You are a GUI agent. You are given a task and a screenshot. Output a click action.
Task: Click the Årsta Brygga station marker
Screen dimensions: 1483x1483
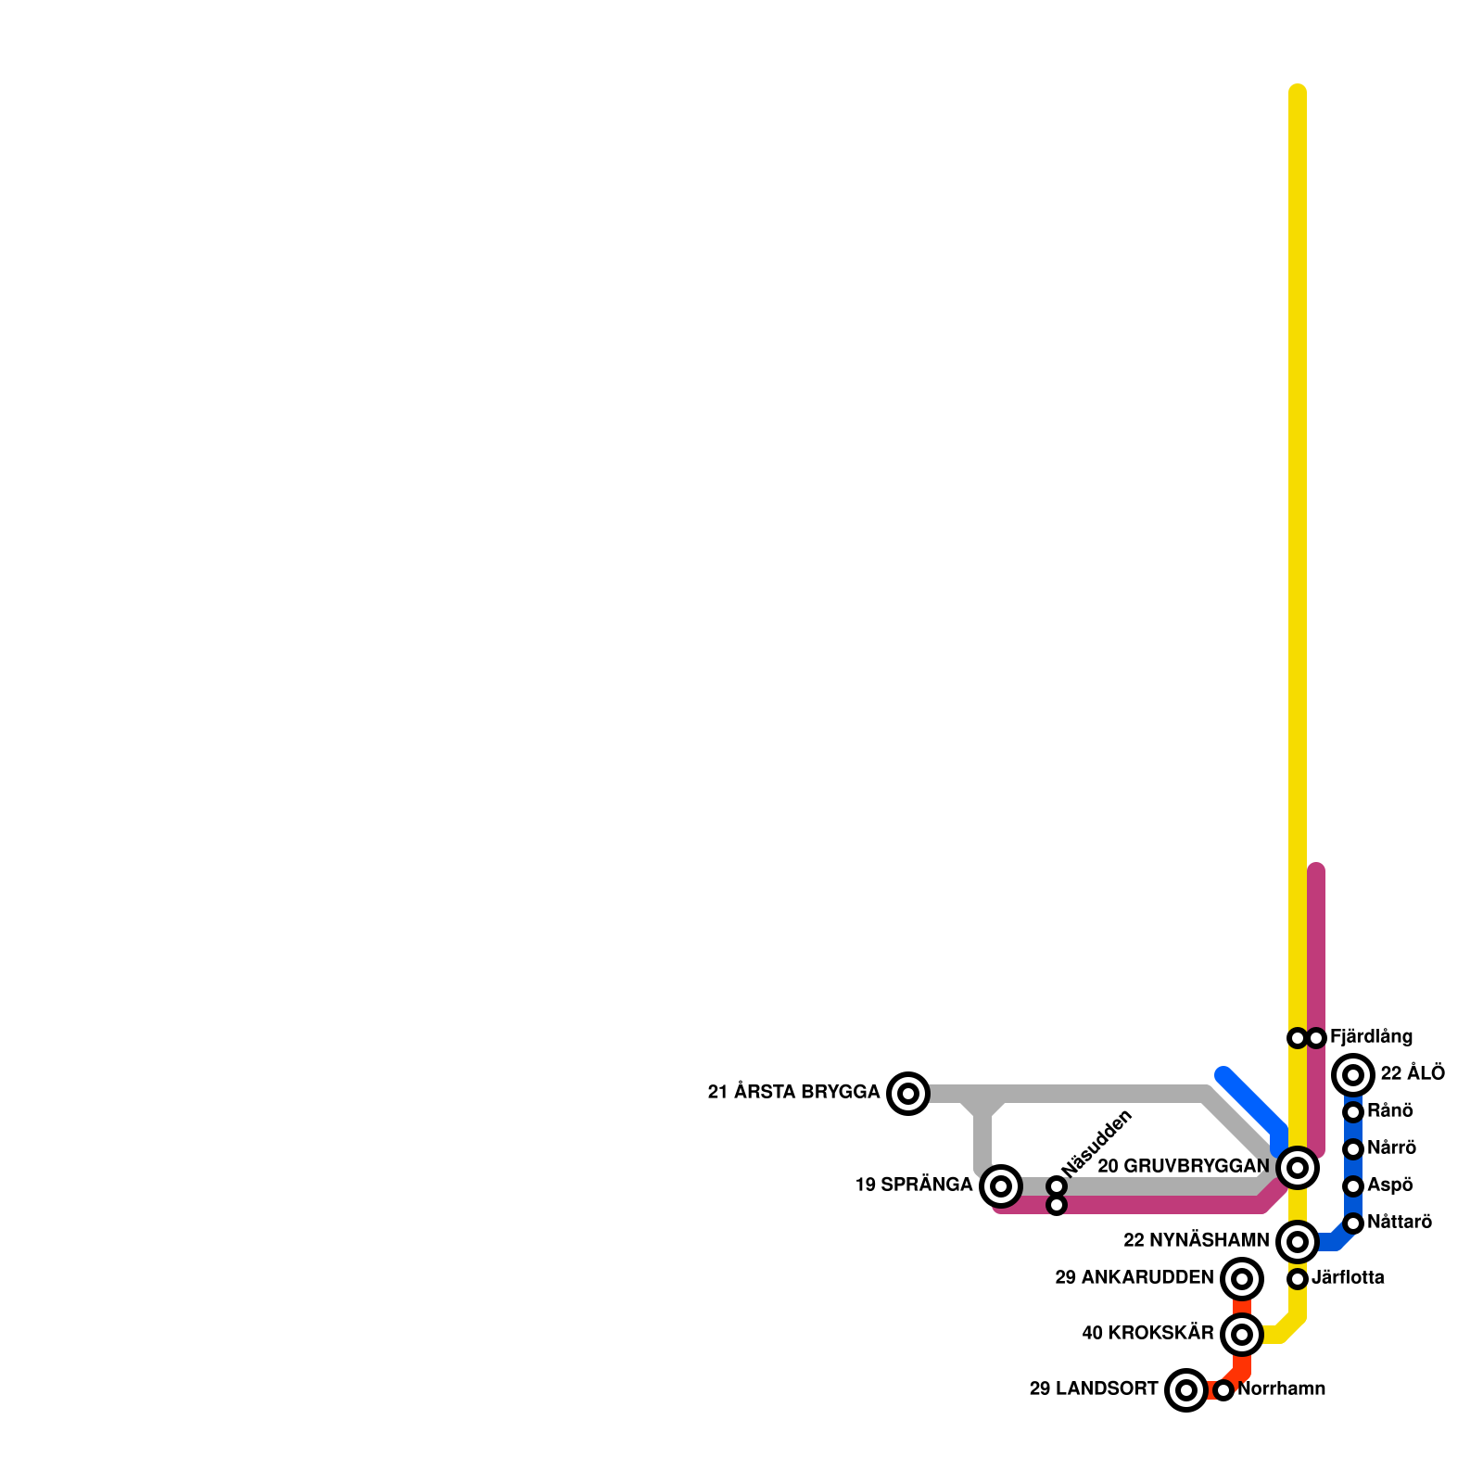click(908, 1094)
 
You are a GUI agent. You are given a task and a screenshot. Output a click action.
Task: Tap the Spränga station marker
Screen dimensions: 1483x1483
click(1001, 1186)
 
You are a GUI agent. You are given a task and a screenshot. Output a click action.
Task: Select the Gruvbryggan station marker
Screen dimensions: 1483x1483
click(1298, 1168)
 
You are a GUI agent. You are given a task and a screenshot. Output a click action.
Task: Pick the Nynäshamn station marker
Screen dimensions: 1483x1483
click(1298, 1242)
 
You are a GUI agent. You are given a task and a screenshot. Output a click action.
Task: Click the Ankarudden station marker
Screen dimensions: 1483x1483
click(1242, 1279)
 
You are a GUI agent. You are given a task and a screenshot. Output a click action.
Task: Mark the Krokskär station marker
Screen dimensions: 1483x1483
click(1242, 1335)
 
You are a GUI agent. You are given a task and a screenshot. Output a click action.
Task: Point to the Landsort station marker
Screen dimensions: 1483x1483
click(1186, 1390)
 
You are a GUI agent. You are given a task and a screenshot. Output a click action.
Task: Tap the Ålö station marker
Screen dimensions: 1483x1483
click(1353, 1075)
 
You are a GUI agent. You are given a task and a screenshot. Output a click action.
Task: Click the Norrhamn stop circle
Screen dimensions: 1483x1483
click(1223, 1390)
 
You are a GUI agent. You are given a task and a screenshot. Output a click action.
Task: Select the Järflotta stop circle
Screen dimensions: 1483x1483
click(1298, 1279)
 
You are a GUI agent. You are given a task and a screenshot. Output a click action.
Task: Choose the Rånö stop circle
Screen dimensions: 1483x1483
click(1353, 1112)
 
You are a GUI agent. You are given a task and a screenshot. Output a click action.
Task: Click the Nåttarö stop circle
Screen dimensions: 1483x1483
click(1353, 1223)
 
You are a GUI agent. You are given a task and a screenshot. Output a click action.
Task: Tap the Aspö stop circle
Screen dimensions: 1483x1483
click(1353, 1186)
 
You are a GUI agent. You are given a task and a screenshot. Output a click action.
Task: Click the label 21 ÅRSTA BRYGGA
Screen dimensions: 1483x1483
click(793, 1092)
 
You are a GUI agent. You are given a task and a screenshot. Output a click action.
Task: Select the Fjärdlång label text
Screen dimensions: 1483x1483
click(1371, 1037)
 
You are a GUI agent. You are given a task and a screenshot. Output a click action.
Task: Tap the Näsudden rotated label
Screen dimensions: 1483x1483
click(1097, 1144)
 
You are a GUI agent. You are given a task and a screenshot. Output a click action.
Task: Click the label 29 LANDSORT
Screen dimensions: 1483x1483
click(1094, 1389)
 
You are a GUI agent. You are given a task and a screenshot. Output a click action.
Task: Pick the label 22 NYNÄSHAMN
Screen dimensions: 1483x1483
click(1196, 1240)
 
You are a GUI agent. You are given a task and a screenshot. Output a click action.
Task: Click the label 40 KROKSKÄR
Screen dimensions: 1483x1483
click(1147, 1333)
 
